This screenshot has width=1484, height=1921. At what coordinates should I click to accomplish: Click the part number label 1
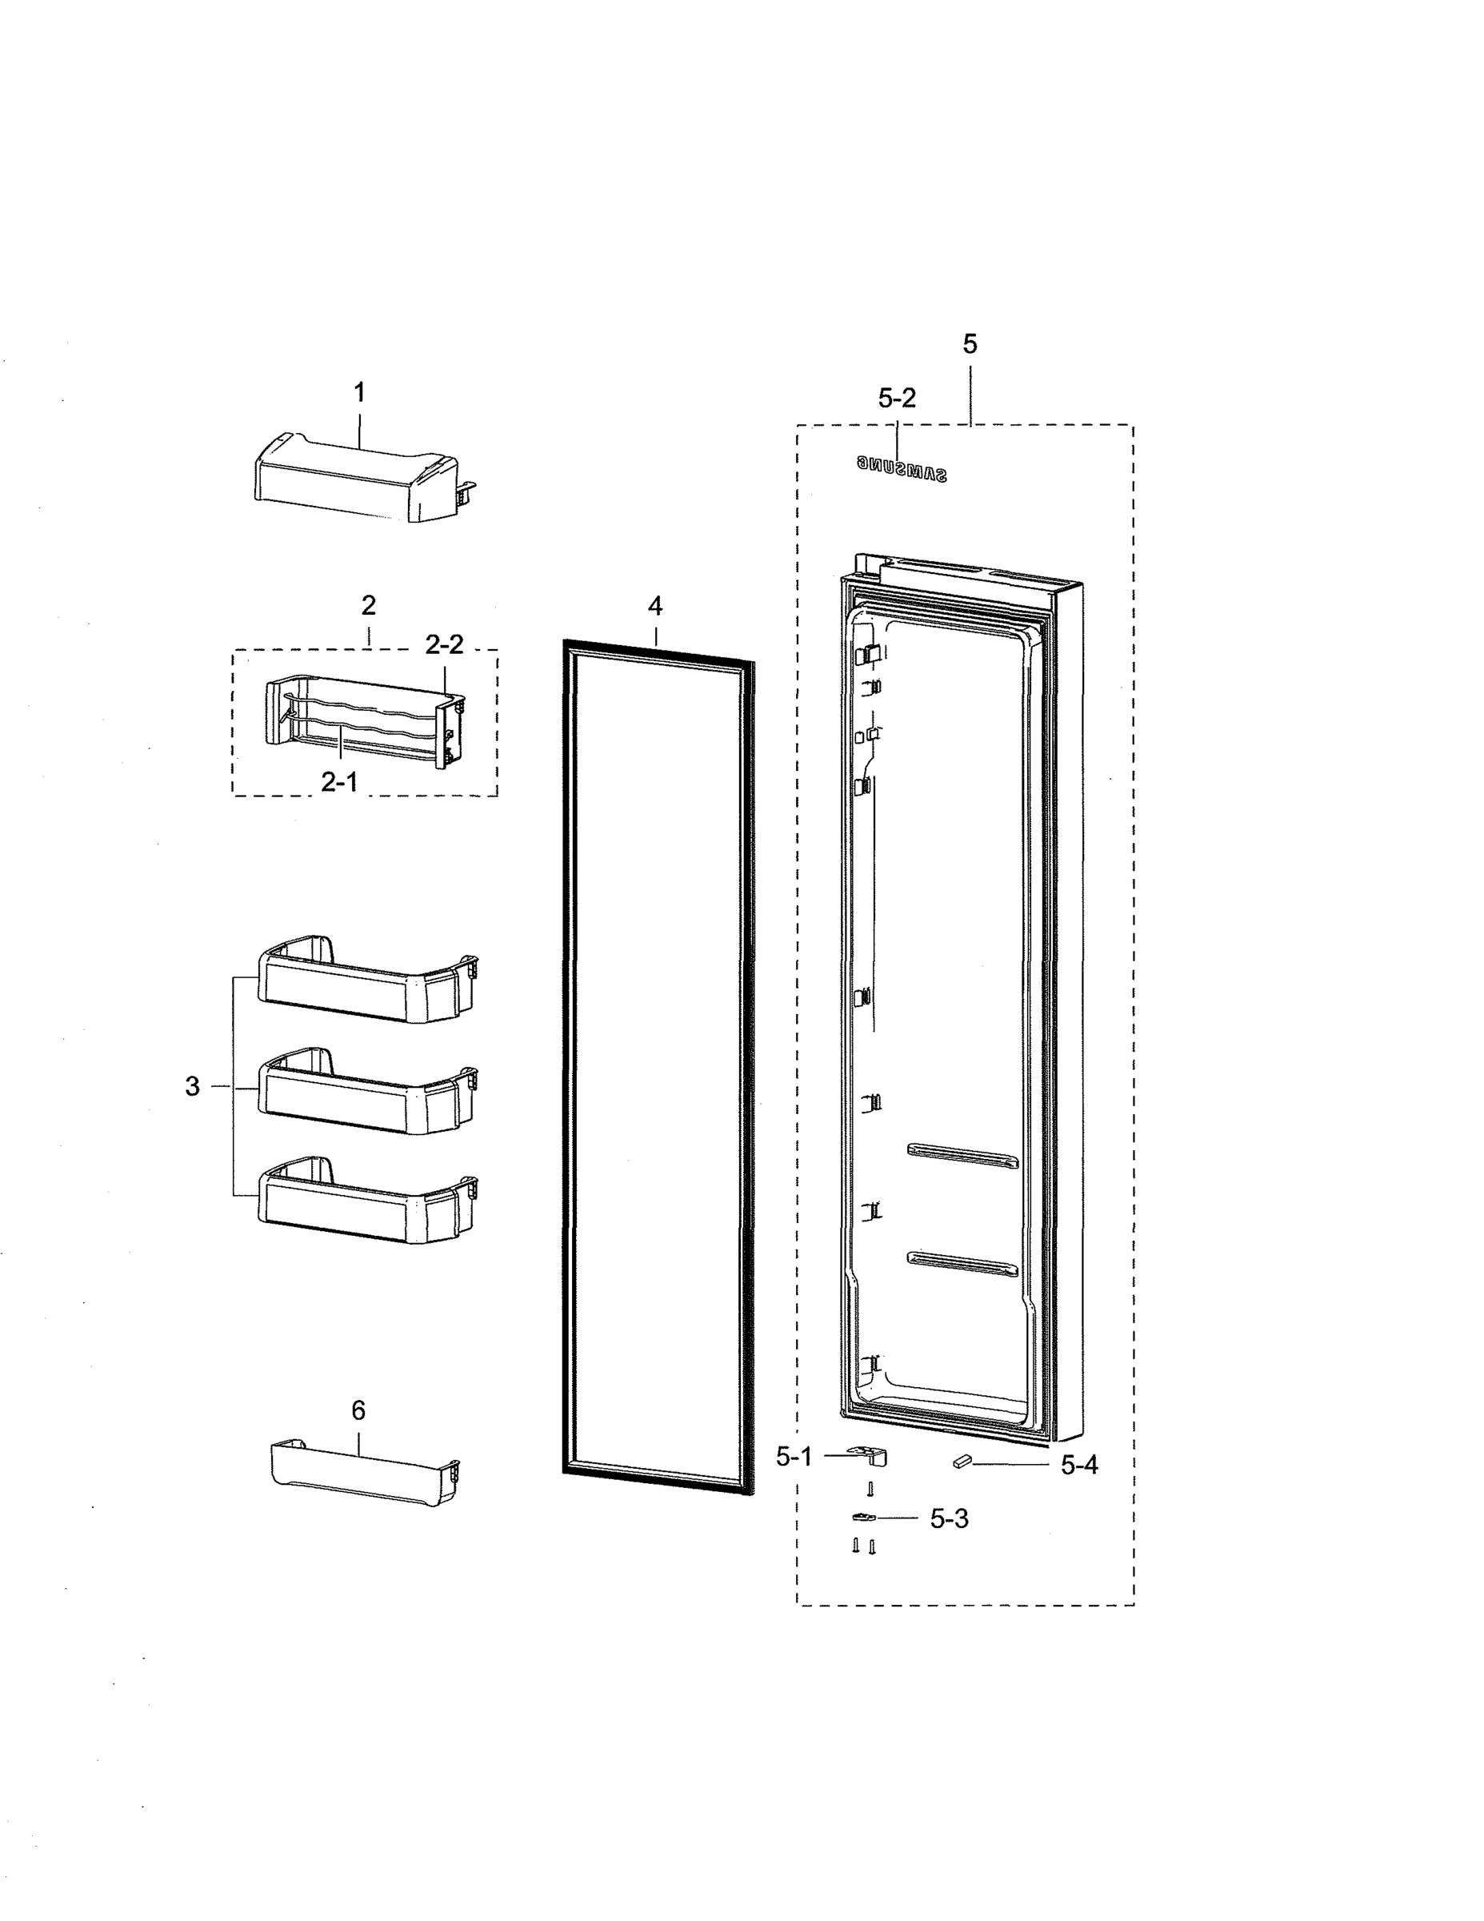[x=358, y=392]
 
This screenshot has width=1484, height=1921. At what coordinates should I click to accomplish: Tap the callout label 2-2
[x=444, y=644]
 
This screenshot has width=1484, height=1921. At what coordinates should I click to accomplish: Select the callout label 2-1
[x=338, y=781]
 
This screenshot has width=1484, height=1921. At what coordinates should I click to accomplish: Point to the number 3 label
[x=193, y=1086]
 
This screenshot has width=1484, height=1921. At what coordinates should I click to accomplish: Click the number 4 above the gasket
[x=655, y=605]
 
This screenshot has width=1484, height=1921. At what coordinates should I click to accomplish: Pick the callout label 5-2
[x=897, y=399]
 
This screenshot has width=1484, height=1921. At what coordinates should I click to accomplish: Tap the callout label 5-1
[x=794, y=1457]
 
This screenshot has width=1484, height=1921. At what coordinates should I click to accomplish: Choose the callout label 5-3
[x=950, y=1519]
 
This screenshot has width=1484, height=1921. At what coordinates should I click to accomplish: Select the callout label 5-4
[x=1078, y=1465]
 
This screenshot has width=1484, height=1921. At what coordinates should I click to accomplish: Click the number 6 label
[x=358, y=1410]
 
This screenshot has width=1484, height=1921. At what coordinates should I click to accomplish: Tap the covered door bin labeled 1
[x=356, y=479]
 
